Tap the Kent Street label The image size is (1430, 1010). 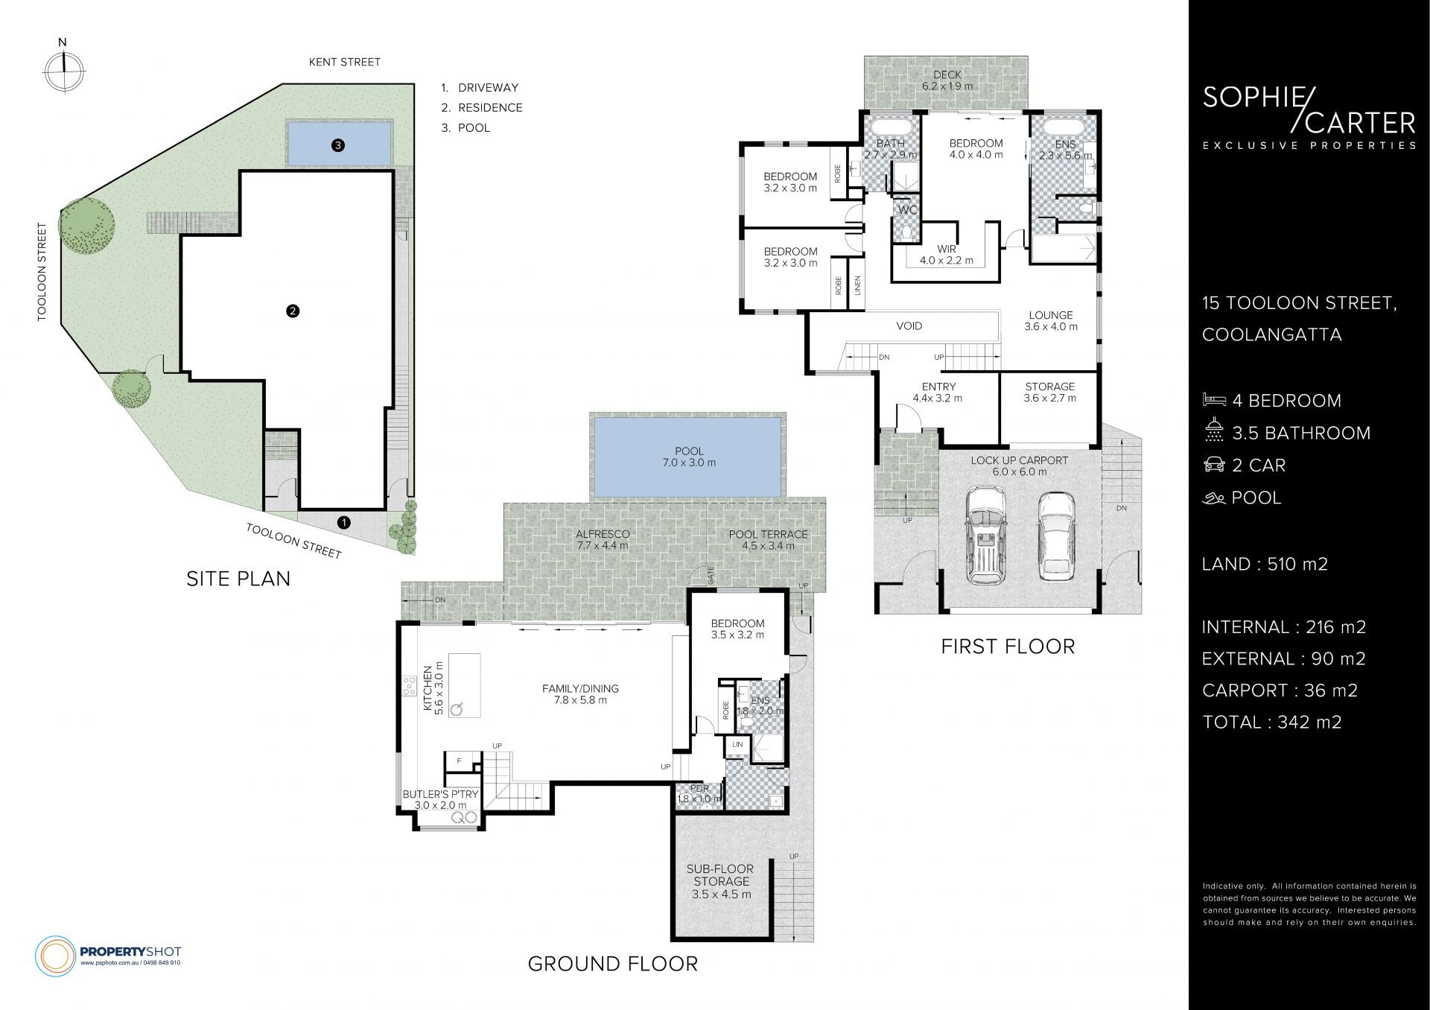345,62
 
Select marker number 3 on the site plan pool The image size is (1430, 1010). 338,145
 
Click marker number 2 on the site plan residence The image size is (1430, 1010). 293,311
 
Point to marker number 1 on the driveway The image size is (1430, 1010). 343,522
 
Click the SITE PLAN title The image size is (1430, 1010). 238,579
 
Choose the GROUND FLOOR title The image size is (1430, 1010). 613,964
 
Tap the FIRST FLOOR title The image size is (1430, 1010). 1008,647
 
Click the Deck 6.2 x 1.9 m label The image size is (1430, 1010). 947,80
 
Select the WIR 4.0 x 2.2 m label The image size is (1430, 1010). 947,255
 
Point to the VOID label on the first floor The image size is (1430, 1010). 909,325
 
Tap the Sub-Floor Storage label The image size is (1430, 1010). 721,881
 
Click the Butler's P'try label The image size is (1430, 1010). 441,799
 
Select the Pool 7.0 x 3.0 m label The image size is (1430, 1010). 690,457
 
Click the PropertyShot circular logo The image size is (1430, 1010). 55,955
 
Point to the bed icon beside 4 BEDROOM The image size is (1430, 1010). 1214,400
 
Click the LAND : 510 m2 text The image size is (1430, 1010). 1265,564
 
